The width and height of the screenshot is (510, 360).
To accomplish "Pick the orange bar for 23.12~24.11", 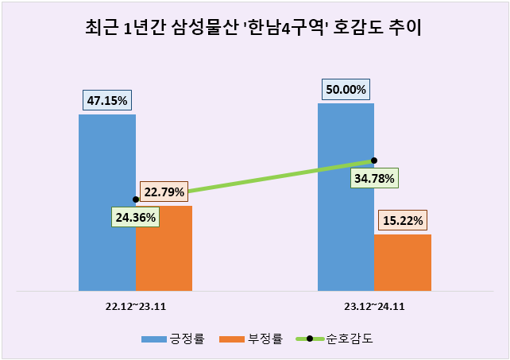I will (403, 262).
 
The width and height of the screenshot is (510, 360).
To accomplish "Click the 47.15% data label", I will (107, 100).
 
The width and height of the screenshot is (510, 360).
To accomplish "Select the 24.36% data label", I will (134, 215).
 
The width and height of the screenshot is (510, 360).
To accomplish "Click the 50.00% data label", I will (346, 89).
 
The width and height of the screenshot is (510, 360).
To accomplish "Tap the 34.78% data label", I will (373, 178).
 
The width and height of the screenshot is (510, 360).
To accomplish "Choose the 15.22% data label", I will (403, 220).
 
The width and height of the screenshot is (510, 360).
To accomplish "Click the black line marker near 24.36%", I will (136, 199).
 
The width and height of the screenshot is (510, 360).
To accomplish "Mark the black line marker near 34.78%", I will (373, 161).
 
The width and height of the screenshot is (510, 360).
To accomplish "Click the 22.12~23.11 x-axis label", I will (135, 305).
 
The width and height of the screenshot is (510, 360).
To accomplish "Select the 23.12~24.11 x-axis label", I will (374, 305).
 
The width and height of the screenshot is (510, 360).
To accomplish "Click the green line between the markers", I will (254, 180).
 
